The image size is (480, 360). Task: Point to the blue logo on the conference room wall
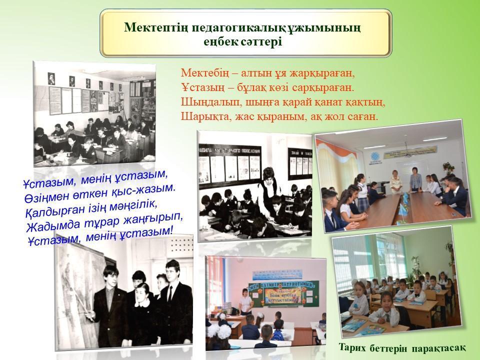coord(374,157)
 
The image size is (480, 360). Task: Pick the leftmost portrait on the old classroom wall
coord(51,78)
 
